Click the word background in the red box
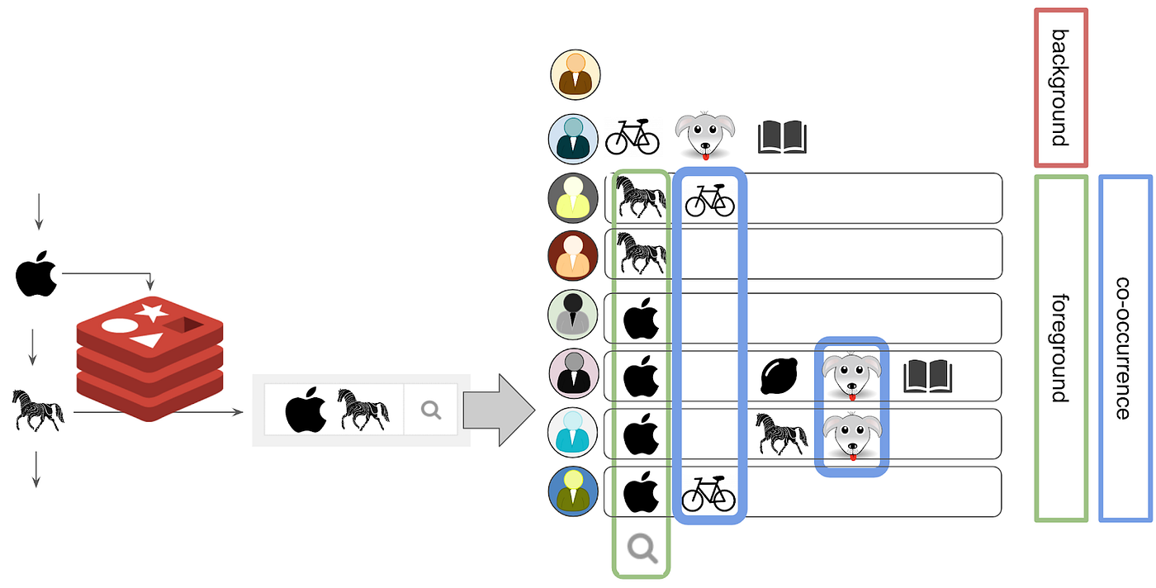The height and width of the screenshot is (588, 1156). pyautogui.click(x=1060, y=88)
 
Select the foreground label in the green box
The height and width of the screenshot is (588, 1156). pyautogui.click(x=1060, y=348)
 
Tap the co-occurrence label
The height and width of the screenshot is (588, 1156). pyautogui.click(x=1124, y=348)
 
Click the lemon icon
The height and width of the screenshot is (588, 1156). pyautogui.click(x=778, y=377)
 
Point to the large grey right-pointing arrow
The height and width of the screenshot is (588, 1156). pyautogui.click(x=495, y=410)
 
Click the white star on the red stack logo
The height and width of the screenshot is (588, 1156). pyautogui.click(x=151, y=312)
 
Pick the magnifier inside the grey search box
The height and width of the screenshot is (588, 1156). pyautogui.click(x=430, y=409)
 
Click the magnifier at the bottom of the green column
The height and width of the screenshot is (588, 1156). pyautogui.click(x=641, y=548)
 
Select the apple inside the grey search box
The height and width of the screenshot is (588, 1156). pyautogui.click(x=306, y=410)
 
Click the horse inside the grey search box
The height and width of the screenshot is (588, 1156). pyautogui.click(x=362, y=409)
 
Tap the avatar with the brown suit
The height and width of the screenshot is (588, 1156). pyautogui.click(x=574, y=74)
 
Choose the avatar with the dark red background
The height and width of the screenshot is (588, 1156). pyautogui.click(x=572, y=255)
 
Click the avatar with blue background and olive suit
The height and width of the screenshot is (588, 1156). pyautogui.click(x=572, y=491)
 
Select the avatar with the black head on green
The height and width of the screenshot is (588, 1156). pyautogui.click(x=572, y=315)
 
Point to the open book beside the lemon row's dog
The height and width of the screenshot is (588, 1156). pyautogui.click(x=927, y=377)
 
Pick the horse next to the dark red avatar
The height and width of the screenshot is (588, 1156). pyautogui.click(x=642, y=253)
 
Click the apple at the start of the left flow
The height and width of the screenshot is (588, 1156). pyautogui.click(x=37, y=276)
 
